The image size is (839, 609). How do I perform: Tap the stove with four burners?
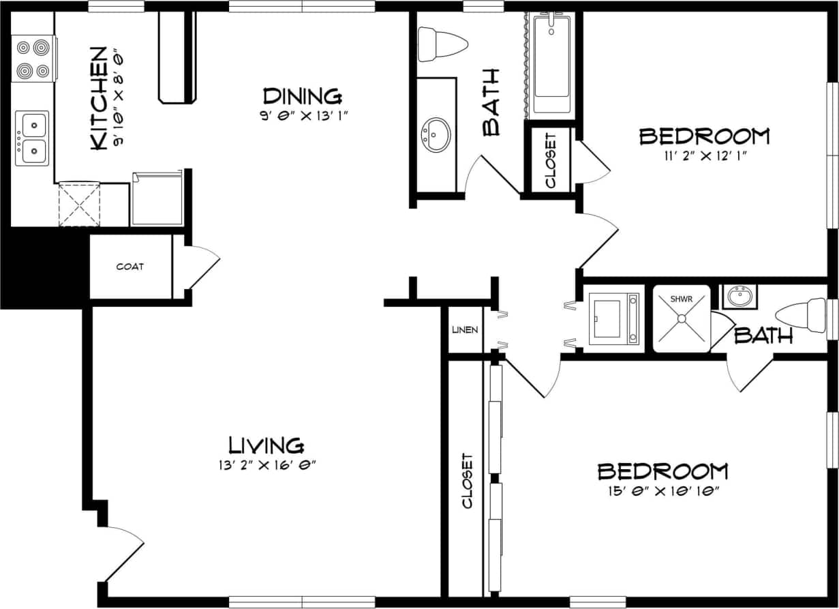click(33, 59)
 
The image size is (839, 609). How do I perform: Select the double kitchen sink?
click(33, 138)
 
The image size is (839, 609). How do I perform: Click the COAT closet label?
click(129, 267)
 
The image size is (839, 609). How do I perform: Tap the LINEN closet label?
click(466, 329)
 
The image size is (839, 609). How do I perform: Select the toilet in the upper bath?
click(441, 44)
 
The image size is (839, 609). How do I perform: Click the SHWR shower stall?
click(682, 318)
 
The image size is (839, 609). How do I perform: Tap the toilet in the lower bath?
click(804, 314)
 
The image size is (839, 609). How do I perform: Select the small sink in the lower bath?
click(738, 297)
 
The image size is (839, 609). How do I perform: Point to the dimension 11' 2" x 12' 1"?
click(704, 155)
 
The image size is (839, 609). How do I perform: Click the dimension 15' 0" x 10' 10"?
click(662, 491)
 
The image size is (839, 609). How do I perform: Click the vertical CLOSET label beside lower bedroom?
click(468, 481)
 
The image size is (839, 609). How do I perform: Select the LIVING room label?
click(266, 445)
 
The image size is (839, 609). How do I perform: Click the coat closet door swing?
click(202, 267)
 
